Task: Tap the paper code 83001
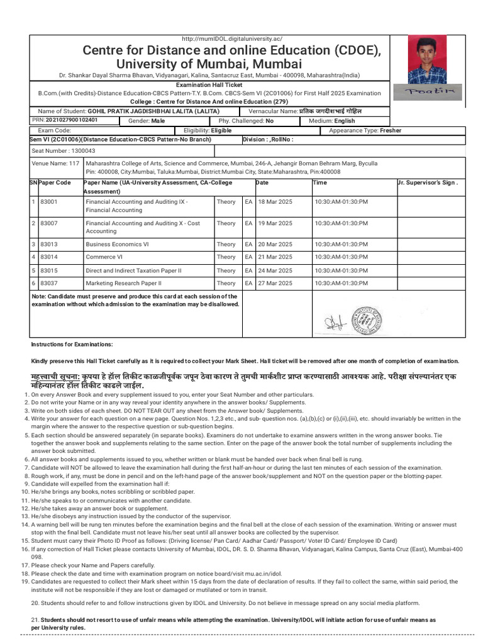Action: click(x=48, y=202)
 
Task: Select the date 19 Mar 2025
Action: click(x=274, y=223)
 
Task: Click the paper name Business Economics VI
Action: click(x=118, y=244)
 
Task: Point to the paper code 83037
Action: click(x=48, y=283)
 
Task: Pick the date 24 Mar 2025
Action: click(x=274, y=270)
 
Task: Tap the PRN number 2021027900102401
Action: click(x=65, y=120)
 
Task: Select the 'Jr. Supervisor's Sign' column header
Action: click(x=427, y=182)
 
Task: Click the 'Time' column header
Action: click(x=319, y=182)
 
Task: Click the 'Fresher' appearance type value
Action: click(x=391, y=131)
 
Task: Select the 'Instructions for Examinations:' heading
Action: click(x=72, y=345)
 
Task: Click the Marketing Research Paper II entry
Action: click(x=123, y=283)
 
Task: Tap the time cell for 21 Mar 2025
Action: click(x=341, y=257)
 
